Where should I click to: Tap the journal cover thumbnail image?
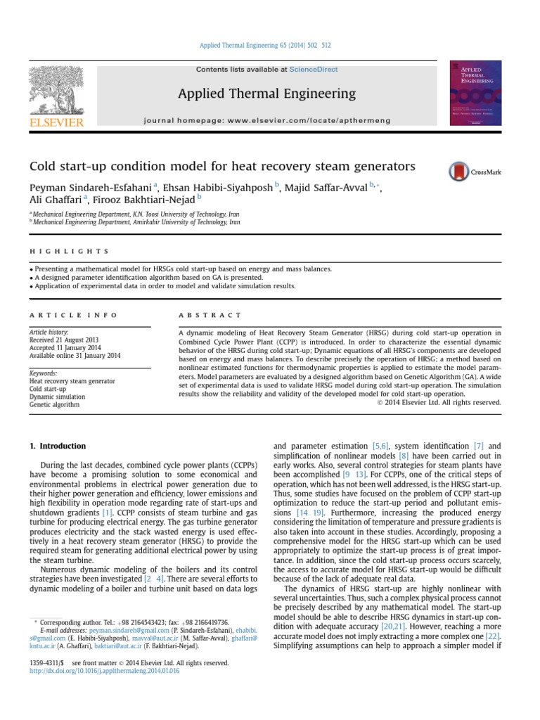tap(475, 93)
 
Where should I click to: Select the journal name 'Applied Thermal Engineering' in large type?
tap(266, 94)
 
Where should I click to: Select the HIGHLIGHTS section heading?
tap(69, 251)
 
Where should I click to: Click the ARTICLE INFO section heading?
tap(74, 315)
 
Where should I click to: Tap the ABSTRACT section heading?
tap(210, 315)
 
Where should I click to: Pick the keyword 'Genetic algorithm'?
tap(54, 405)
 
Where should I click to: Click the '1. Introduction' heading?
tap(58, 446)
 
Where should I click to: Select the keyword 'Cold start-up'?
tap(48, 389)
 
